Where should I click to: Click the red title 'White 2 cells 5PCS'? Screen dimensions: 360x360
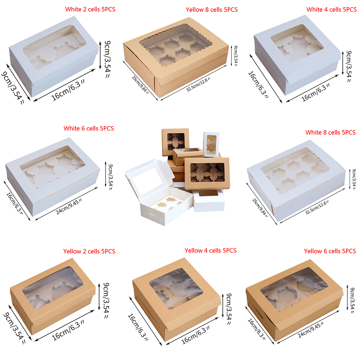tap(90, 9)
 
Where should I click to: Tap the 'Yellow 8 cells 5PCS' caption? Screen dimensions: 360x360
tap(212, 10)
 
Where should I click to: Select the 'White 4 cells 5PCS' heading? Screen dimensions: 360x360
tap(332, 10)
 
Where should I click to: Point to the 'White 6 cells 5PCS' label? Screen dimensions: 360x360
tap(89, 128)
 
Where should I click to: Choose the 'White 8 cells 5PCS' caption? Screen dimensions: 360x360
tap(331, 133)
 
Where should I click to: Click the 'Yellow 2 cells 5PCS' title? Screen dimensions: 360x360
tap(89, 251)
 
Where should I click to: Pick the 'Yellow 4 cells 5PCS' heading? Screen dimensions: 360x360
tap(211, 250)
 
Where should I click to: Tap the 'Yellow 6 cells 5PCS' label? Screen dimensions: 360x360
tap(330, 251)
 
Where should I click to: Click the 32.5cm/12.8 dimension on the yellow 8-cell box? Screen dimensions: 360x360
tap(198, 85)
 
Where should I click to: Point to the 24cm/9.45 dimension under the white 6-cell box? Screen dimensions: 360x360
tap(69, 206)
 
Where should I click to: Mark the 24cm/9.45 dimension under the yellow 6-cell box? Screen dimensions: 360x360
tap(311, 330)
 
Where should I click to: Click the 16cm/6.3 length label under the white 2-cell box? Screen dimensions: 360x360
tap(68, 90)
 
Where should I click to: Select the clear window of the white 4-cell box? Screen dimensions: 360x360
tap(297, 43)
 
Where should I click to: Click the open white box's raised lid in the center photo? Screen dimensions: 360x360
tap(149, 177)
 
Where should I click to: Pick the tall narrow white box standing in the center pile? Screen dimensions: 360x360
tap(211, 144)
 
